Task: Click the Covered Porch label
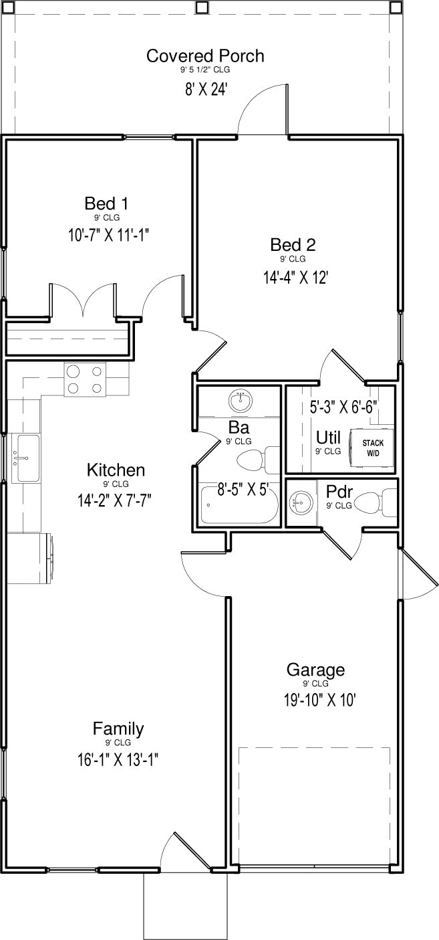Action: (x=205, y=56)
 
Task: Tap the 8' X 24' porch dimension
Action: (x=206, y=89)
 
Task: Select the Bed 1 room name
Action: (x=106, y=203)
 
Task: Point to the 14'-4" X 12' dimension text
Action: (x=295, y=278)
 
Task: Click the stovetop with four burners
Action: (x=85, y=379)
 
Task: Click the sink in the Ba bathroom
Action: (x=241, y=401)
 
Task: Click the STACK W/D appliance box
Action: (x=372, y=448)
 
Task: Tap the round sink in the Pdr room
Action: (x=301, y=501)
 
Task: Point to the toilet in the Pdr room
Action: (x=376, y=502)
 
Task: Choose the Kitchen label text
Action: (x=116, y=470)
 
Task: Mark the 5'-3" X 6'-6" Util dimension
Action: (x=344, y=407)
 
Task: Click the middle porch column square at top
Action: (x=202, y=7)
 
